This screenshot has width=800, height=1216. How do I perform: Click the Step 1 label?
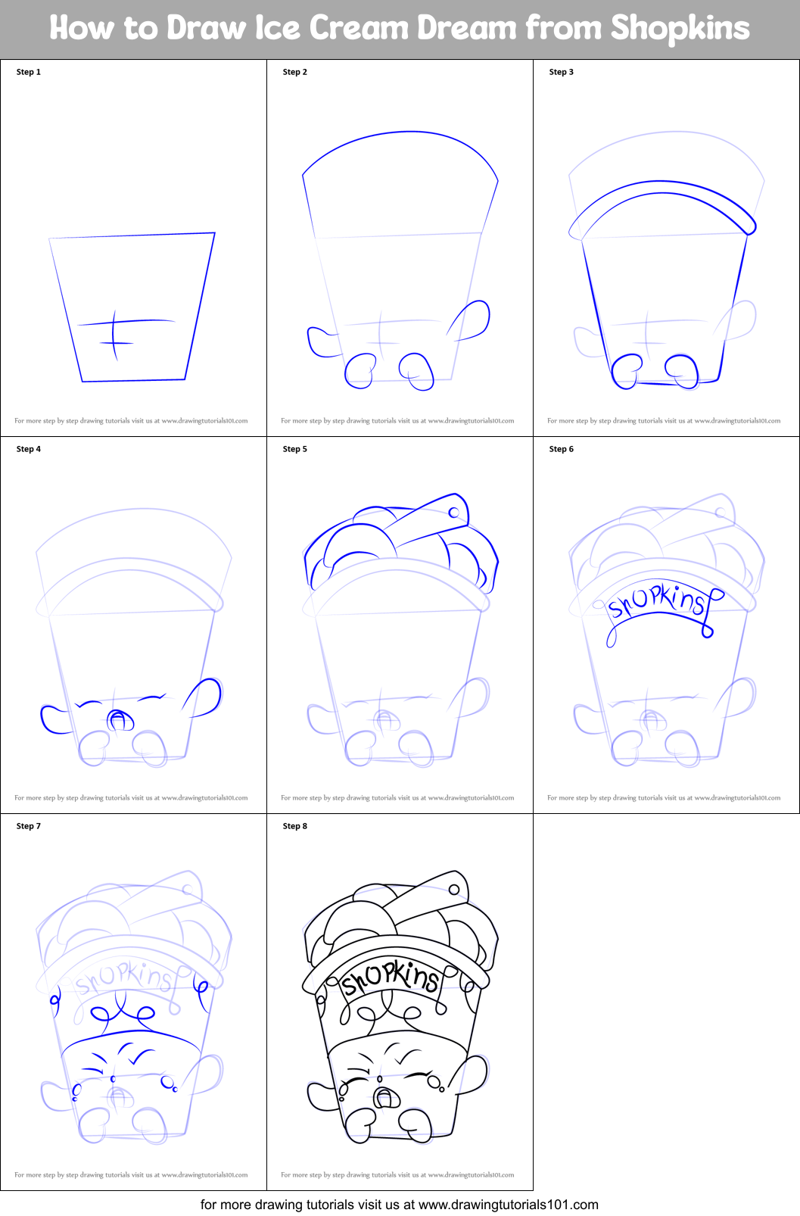click(x=29, y=72)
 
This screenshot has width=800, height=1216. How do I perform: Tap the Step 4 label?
click(x=29, y=449)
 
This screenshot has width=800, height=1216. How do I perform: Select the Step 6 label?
click(x=561, y=449)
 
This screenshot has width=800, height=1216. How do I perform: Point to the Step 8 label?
click(x=294, y=826)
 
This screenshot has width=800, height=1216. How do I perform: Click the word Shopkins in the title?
click(x=680, y=29)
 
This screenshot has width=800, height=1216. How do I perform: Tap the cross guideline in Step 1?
click(x=115, y=333)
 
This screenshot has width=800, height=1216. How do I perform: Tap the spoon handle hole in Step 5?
click(x=454, y=513)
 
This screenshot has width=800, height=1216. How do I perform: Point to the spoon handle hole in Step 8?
click(x=454, y=890)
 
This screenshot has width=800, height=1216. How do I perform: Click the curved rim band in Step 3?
click(x=663, y=194)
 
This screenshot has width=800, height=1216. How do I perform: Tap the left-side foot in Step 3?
click(x=626, y=372)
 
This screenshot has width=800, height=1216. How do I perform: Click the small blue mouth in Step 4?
click(x=118, y=719)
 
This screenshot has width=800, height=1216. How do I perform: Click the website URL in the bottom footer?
click(x=508, y=1205)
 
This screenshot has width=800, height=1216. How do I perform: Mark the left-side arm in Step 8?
click(x=321, y=1095)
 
